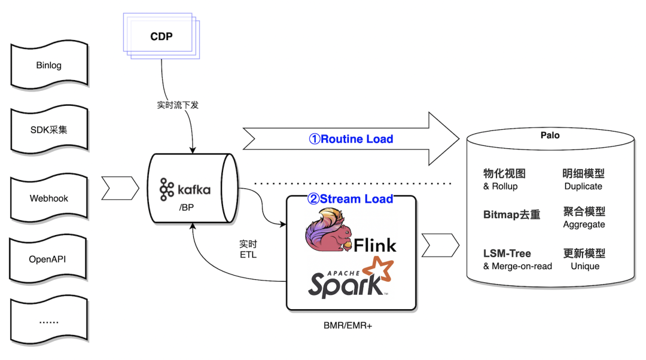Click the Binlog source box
click(48, 65)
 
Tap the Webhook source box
click(48, 198)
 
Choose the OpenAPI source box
click(48, 260)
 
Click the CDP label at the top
click(161, 36)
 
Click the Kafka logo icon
click(167, 190)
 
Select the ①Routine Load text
click(351, 139)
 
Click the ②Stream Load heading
click(350, 199)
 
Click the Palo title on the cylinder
click(550, 135)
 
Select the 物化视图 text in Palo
click(504, 174)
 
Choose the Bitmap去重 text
click(511, 214)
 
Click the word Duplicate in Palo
click(583, 187)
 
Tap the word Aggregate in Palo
click(584, 225)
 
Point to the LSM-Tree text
click(507, 254)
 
